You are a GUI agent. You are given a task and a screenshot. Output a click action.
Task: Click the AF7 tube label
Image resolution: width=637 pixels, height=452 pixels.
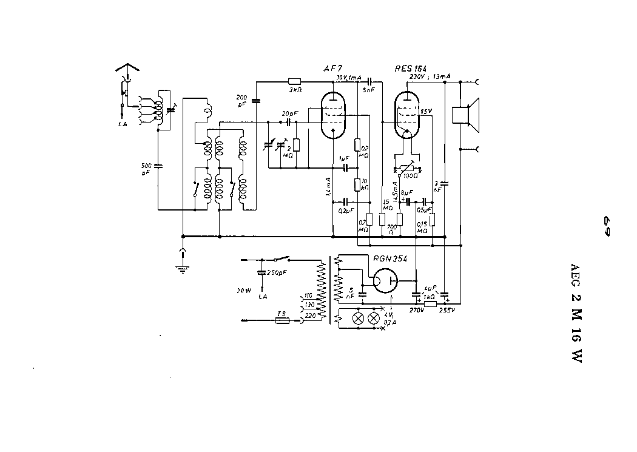pyautogui.click(x=333, y=69)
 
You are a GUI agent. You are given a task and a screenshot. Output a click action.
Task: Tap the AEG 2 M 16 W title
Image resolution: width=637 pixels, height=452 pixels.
pyautogui.click(x=576, y=313)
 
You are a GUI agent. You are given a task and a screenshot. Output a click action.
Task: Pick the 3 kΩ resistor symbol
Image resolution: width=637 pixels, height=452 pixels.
pyautogui.click(x=295, y=81)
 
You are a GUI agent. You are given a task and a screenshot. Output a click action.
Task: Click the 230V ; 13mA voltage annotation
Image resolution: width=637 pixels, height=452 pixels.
pyautogui.click(x=430, y=76)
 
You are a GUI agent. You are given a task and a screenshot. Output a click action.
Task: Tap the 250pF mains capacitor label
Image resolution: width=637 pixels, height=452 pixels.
pyautogui.click(x=278, y=272)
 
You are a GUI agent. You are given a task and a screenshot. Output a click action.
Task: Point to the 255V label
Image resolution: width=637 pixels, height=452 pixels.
pyautogui.click(x=447, y=309)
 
